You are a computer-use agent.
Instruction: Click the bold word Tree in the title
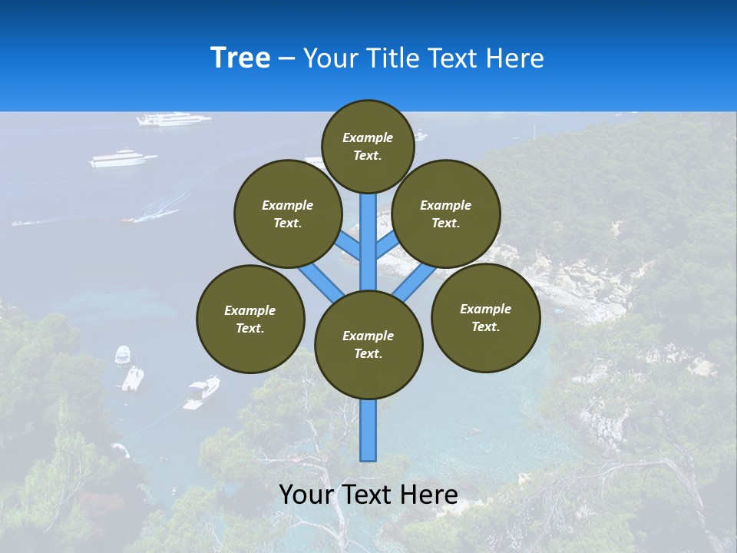point(240,58)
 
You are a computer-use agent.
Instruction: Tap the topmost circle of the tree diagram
point(368,146)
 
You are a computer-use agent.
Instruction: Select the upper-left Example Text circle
point(287,214)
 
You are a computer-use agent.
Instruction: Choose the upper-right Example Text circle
point(445,214)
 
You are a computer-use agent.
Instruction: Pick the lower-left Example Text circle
point(250,319)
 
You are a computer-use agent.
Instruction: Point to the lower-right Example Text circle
point(485,317)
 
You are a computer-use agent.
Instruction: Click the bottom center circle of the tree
point(368,344)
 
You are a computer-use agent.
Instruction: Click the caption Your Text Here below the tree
point(368,495)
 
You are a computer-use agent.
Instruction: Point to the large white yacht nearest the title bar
point(173,119)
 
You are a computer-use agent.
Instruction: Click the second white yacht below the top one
point(123,159)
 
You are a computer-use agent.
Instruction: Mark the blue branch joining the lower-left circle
point(319,281)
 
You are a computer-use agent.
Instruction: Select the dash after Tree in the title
point(286,58)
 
